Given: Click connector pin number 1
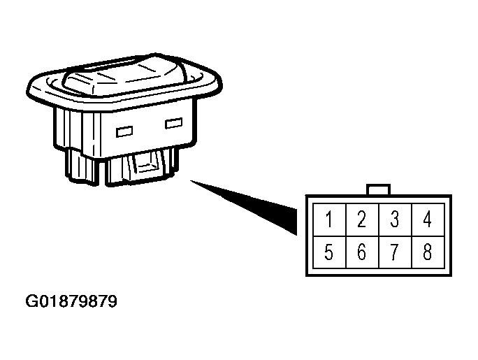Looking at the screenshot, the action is coord(330,219).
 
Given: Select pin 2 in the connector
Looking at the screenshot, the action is coord(363,219).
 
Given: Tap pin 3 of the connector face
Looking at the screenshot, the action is coord(396,219).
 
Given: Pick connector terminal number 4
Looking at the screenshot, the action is coord(428,219).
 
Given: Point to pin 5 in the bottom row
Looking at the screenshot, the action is coord(330,252).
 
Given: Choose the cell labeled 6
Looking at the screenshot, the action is coord(363,252).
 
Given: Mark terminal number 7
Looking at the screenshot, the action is coord(396,252).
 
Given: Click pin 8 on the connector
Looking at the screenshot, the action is coord(428,252).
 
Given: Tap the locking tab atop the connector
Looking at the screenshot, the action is coord(378,189).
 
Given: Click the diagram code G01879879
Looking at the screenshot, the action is coord(71,301).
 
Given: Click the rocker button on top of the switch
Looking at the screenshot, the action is coord(124,75).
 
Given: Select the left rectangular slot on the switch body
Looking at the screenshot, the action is coord(124,131).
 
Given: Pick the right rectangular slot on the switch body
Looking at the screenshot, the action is coord(174,123).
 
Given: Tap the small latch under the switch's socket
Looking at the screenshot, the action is coord(147,167).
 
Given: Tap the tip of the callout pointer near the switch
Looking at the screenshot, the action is coord(191,181).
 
